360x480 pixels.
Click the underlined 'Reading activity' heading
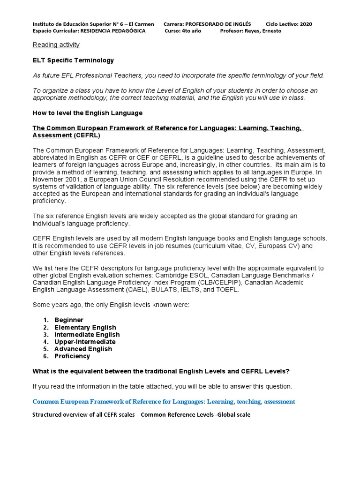pyautogui.click(x=56, y=45)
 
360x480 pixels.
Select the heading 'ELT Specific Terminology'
pyautogui.click(x=73, y=60)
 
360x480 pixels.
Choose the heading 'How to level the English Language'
pyautogui.click(x=87, y=113)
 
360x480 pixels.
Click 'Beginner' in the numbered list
pyautogui.click(x=69, y=320)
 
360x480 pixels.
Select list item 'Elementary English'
pyautogui.click(x=85, y=327)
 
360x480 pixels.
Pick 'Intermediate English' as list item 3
pyautogui.click(x=87, y=335)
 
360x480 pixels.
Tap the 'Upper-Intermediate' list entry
pyautogui.click(x=84, y=342)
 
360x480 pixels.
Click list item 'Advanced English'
pyautogui.click(x=83, y=349)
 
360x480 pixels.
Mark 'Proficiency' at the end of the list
pyautogui.click(x=72, y=356)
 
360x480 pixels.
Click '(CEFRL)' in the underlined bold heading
pyautogui.click(x=86, y=135)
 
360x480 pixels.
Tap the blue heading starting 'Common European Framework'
pyautogui.click(x=164, y=402)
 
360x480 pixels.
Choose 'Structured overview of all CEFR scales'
pyautogui.click(x=83, y=415)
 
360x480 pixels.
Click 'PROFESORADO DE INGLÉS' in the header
pyautogui.click(x=218, y=24)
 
